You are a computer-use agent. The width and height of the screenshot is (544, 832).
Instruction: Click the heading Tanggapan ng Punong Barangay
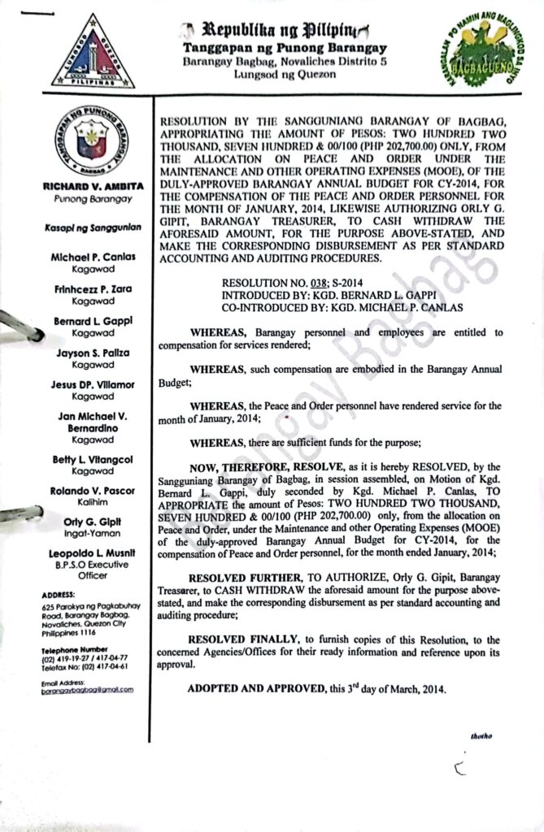tap(273, 48)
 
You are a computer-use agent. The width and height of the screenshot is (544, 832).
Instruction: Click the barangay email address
tap(87, 689)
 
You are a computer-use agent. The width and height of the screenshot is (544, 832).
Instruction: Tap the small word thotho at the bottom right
tap(481, 735)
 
